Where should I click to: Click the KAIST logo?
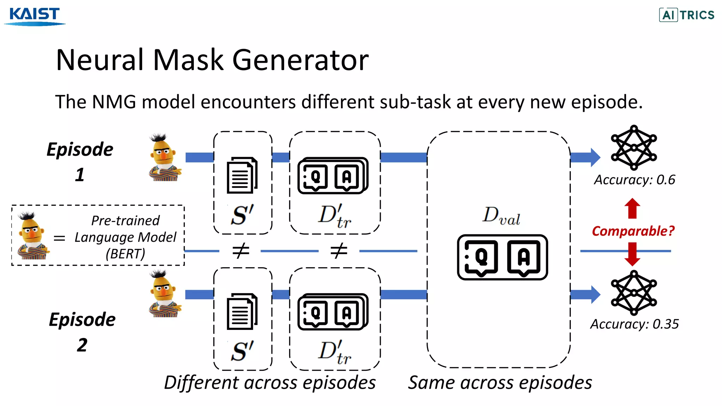click(x=35, y=16)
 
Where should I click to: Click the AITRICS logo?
click(x=686, y=15)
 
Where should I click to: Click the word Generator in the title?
click(x=300, y=60)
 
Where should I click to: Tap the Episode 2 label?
click(x=82, y=332)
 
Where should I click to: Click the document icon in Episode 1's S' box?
click(x=242, y=175)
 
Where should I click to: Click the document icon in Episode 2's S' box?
click(x=242, y=312)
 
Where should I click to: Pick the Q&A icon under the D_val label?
click(x=502, y=257)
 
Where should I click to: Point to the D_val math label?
click(x=501, y=216)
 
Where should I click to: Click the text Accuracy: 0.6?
click(x=634, y=180)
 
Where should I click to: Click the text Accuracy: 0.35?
click(x=634, y=324)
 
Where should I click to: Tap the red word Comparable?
click(x=633, y=231)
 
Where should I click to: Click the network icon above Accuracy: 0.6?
click(x=634, y=147)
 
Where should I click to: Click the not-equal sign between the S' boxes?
click(x=241, y=251)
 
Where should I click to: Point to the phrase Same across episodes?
click(x=500, y=383)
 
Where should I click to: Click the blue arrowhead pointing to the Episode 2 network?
click(x=595, y=295)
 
